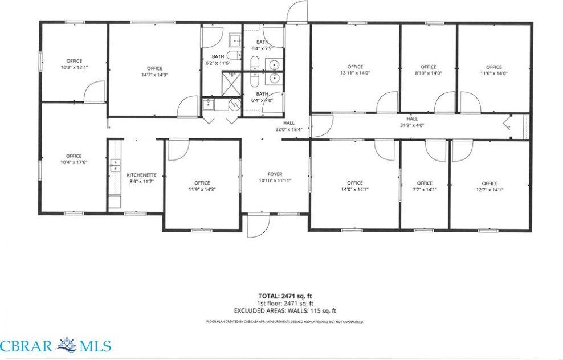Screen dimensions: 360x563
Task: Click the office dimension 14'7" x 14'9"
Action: click(x=154, y=75)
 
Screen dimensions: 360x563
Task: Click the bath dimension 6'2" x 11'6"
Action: click(x=218, y=63)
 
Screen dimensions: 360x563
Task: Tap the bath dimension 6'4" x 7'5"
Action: click(x=262, y=49)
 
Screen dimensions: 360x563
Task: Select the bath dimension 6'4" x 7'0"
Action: click(x=262, y=100)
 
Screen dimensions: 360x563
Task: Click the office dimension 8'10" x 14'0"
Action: click(x=429, y=73)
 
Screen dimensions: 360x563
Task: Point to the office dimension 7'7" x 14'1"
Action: click(x=425, y=190)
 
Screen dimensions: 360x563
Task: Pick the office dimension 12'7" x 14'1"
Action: click(x=489, y=190)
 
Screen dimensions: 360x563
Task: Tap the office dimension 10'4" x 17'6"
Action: click(x=74, y=162)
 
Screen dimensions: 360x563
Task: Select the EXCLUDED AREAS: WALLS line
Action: click(x=285, y=311)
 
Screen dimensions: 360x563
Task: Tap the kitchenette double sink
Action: click(x=115, y=165)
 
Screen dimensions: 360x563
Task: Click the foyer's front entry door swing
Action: click(x=260, y=226)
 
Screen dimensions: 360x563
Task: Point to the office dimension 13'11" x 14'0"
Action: click(x=354, y=73)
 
